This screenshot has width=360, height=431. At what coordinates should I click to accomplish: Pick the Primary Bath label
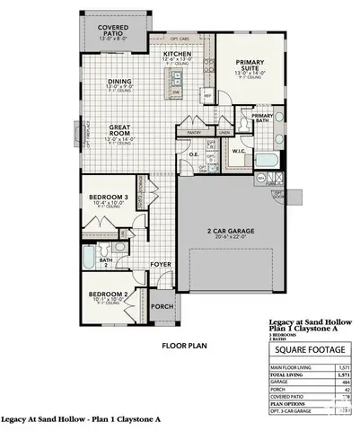click(x=262, y=117)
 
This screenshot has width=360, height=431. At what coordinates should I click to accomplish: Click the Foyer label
click(x=160, y=265)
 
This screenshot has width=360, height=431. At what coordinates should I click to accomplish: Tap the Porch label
click(x=162, y=305)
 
